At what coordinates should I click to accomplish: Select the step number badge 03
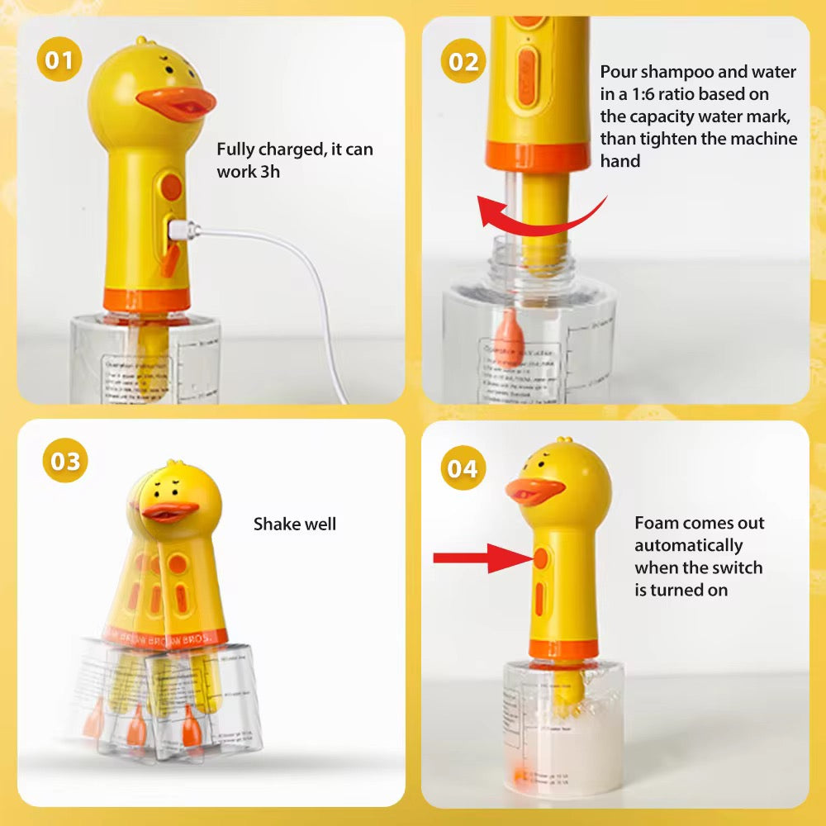pyautogui.click(x=65, y=461)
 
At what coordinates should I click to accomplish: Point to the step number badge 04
pyautogui.click(x=463, y=468)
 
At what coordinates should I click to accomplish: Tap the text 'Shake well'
pyautogui.click(x=295, y=524)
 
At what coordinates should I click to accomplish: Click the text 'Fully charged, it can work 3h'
pyautogui.click(x=294, y=160)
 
